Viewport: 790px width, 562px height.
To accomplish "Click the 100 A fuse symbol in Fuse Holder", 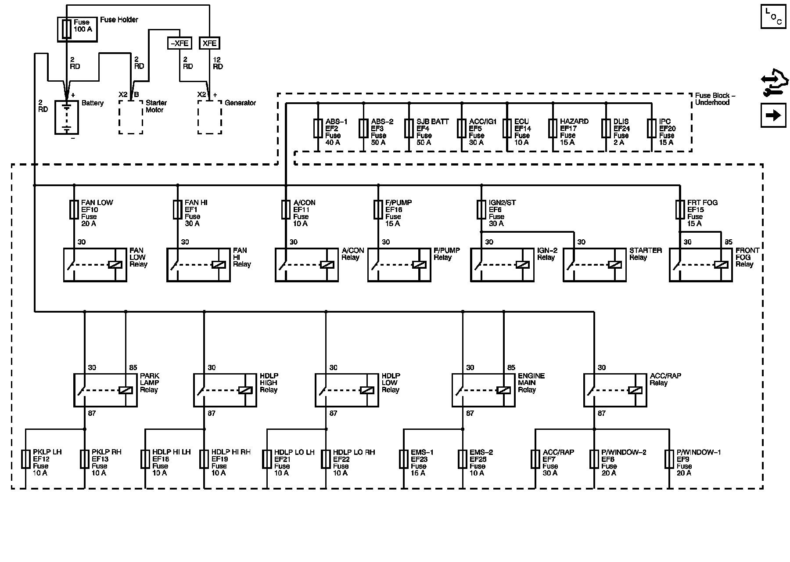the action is pyautogui.click(x=66, y=29).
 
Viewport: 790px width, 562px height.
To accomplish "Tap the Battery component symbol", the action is pyautogui.click(x=67, y=117).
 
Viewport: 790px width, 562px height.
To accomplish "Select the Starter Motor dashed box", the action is pyautogui.click(x=131, y=117).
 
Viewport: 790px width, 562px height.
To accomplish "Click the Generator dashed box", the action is pyautogui.click(x=209, y=117).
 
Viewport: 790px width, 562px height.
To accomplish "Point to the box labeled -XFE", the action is pyautogui.click(x=180, y=43).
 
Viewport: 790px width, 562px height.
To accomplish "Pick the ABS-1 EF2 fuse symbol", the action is pyautogui.click(x=318, y=129).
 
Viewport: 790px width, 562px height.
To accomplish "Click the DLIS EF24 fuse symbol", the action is pyautogui.click(x=606, y=129).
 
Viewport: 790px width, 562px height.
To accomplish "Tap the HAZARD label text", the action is pyautogui.click(x=574, y=122).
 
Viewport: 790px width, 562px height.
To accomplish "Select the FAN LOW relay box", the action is pyautogui.click(x=95, y=265).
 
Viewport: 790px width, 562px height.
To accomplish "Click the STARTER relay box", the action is pyautogui.click(x=595, y=265).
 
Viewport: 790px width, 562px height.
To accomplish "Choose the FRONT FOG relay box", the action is pyautogui.click(x=701, y=265).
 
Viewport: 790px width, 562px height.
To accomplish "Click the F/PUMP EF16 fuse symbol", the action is pyautogui.click(x=378, y=210).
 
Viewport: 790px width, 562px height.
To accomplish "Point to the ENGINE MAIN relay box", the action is pyautogui.click(x=484, y=390).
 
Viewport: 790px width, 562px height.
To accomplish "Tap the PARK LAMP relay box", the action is pyautogui.click(x=105, y=390).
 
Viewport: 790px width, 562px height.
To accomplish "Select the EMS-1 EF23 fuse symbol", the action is pyautogui.click(x=404, y=459).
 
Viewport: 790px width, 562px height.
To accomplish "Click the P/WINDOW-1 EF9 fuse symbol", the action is pyautogui.click(x=669, y=459).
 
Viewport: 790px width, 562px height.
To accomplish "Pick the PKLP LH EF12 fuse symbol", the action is pyautogui.click(x=26, y=459).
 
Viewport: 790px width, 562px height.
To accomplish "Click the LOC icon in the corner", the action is pyautogui.click(x=773, y=17).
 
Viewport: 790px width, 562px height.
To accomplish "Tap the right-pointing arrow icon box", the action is pyautogui.click(x=773, y=115).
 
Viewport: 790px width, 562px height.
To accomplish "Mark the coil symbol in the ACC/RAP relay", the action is pyautogui.click(x=635, y=390).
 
